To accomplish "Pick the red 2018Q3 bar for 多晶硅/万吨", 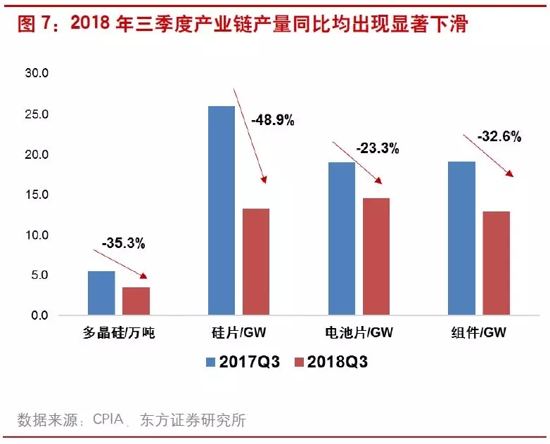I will [x=136, y=301].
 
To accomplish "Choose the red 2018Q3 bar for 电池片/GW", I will [x=376, y=256].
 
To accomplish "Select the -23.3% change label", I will [x=378, y=148].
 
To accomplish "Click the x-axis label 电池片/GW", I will [x=359, y=334].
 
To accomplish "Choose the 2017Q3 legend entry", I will [x=242, y=363].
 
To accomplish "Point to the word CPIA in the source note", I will [x=109, y=421].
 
